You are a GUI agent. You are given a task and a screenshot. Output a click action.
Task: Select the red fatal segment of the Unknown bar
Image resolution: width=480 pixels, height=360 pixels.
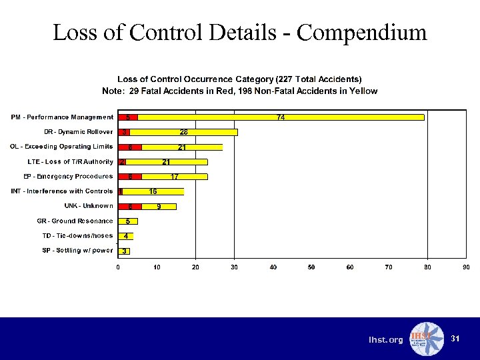130,207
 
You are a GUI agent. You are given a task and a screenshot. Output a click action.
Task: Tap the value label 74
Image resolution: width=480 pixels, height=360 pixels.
281,117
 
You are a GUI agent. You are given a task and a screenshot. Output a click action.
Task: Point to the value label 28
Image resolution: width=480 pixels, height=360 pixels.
183,132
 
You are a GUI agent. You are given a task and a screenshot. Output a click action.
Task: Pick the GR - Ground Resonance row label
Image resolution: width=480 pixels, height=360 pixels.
75,221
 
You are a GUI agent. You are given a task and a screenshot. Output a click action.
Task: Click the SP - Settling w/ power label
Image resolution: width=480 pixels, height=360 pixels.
77,251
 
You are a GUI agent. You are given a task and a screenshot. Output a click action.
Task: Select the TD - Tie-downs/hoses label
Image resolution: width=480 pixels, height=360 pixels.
77,235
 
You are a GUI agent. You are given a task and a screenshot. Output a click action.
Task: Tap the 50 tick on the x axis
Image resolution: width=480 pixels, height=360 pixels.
312,267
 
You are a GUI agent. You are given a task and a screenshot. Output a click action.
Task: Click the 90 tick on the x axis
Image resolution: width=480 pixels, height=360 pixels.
466,267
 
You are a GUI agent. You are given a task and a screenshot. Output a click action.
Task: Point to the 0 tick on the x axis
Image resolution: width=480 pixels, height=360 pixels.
119,267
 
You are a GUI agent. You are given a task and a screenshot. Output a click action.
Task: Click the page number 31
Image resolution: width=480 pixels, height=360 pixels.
455,339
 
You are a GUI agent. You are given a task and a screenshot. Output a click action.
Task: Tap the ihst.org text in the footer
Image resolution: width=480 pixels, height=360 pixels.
386,340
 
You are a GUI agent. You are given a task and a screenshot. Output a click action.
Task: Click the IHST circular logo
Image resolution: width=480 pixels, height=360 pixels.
425,339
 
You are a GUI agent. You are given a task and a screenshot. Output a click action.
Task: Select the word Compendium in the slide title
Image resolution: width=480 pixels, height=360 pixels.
361,32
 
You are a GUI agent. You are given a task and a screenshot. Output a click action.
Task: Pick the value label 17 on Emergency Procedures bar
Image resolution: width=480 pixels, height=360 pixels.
174,177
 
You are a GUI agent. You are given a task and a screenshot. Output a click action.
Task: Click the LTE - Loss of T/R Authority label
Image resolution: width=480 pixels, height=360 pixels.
70,161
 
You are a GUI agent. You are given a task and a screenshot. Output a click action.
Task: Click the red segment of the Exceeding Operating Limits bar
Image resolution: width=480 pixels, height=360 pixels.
130,147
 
